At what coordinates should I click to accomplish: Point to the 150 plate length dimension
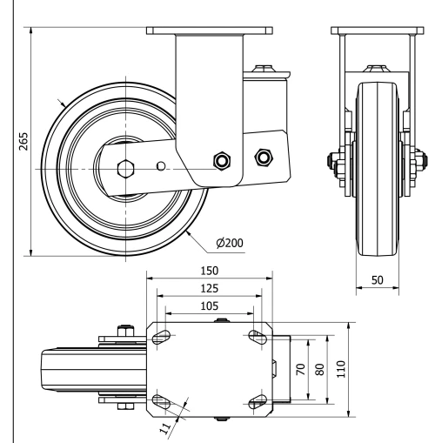209,270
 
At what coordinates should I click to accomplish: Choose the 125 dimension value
209,287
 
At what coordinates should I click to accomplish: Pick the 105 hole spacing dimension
209,305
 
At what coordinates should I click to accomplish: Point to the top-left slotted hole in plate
162,335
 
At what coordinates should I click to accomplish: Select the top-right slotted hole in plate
257,335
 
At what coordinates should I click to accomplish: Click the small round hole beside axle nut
159,164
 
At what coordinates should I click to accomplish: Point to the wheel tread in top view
70,368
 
